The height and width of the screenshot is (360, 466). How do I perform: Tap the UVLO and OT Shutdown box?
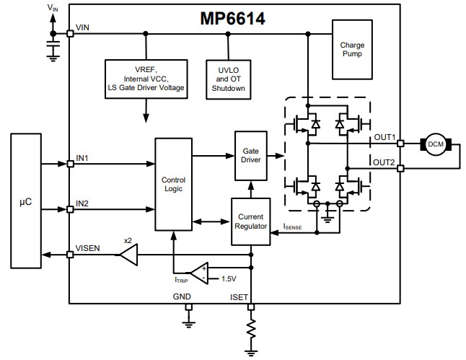tap(228, 79)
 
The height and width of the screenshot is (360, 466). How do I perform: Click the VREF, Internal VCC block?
tap(146, 79)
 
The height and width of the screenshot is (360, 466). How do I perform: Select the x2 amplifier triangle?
tap(129, 254)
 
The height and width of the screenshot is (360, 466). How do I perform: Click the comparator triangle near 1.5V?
tap(196, 272)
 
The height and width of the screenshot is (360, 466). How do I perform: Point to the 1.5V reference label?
tap(229, 278)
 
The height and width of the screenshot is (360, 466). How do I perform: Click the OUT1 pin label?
tap(384, 137)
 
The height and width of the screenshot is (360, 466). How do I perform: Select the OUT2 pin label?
tap(384, 162)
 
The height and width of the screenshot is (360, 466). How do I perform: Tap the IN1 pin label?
tap(84, 157)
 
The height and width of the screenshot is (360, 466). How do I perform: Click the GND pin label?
tap(182, 296)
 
